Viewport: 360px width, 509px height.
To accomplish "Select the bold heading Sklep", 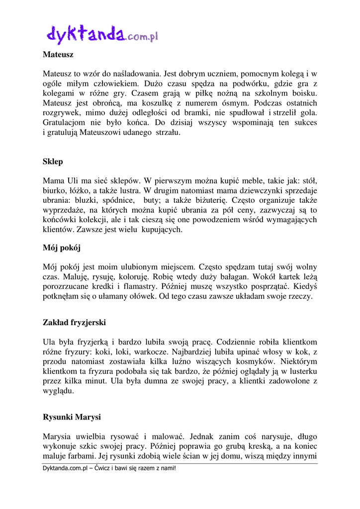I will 53,162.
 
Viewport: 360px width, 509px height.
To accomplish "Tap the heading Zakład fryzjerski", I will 74,323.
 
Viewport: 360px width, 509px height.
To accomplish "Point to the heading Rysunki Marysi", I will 72,417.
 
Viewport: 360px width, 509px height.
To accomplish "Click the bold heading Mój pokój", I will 62,247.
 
